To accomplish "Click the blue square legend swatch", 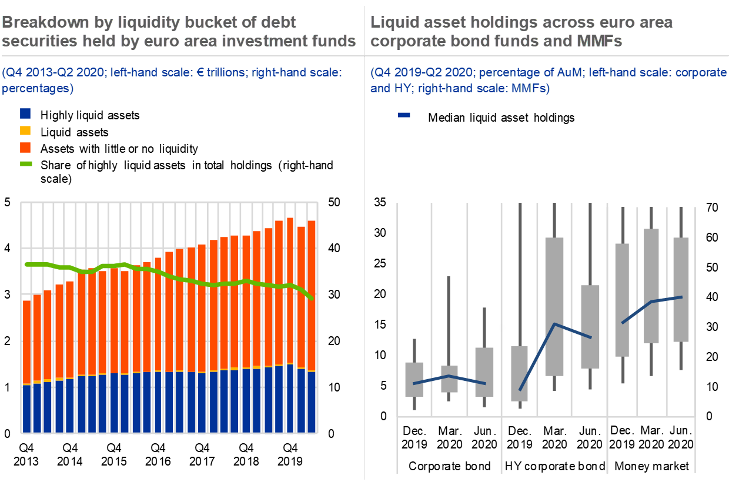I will click(25, 113).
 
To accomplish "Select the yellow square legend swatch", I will click(25, 130).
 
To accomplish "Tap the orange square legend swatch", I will click(25, 147).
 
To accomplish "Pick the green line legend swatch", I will click(26, 163).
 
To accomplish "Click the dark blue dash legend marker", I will click(404, 115).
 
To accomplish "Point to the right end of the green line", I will click(312, 299).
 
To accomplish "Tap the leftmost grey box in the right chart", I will click(414, 379).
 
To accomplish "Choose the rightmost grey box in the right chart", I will click(681, 289).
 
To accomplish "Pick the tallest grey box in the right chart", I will click(554, 306).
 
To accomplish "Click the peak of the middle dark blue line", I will click(554, 324).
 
